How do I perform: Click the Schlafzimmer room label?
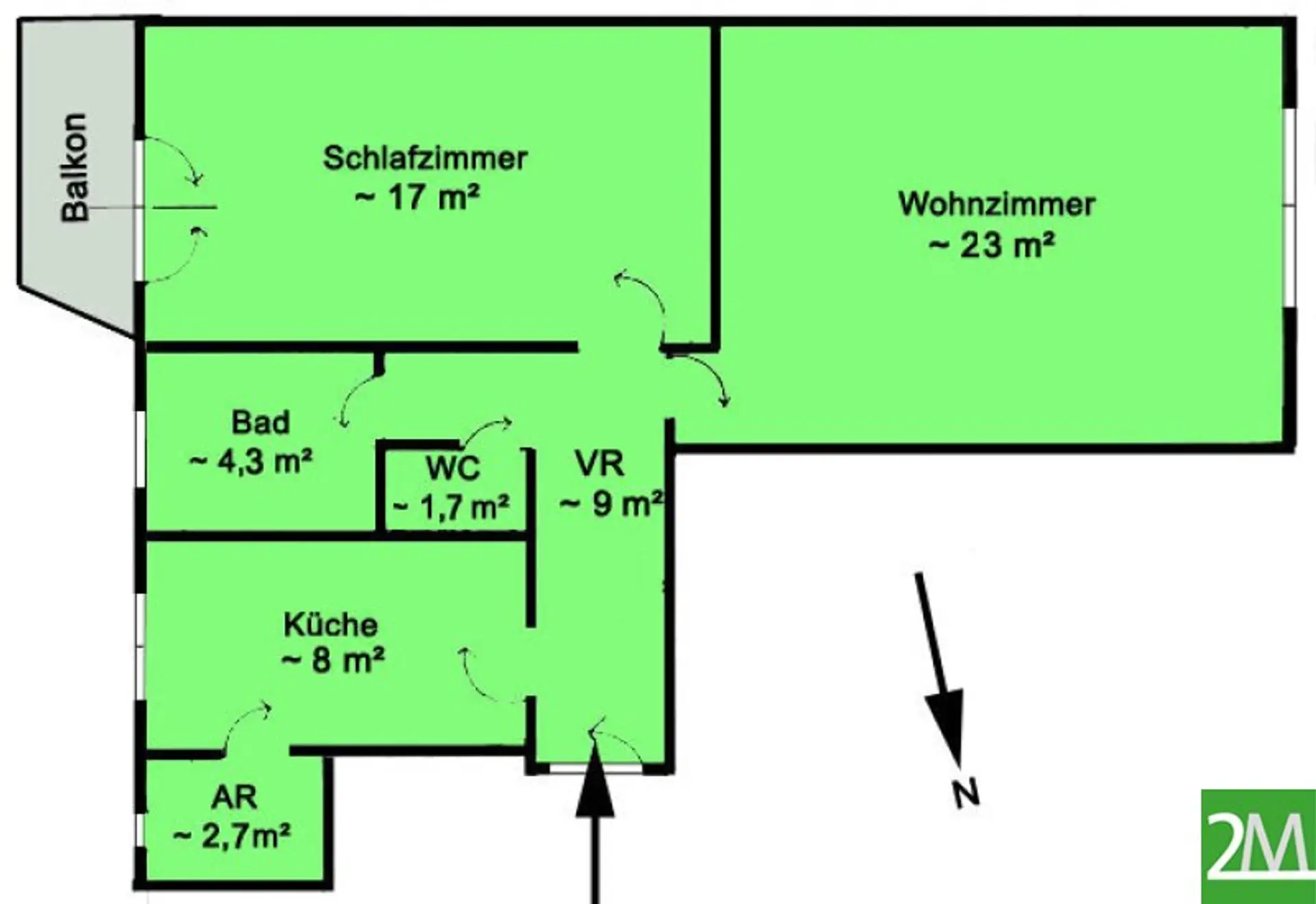tap(425, 158)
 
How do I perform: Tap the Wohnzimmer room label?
tap(997, 204)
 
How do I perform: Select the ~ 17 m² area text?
tap(417, 198)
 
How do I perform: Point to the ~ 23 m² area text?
tap(991, 244)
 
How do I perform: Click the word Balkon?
tap(75, 167)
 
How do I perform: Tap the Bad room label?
tap(260, 422)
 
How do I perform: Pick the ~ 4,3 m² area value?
tap(251, 462)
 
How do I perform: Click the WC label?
tap(453, 468)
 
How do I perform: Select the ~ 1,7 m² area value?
tap(450, 507)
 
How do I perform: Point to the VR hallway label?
tap(600, 463)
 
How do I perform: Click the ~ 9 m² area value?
tap(611, 503)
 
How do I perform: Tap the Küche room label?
tap(330, 624)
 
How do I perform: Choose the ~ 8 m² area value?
tap(332, 661)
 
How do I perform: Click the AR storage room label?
tap(234, 797)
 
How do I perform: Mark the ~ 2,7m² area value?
tap(232, 836)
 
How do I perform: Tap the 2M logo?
tap(1258, 846)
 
